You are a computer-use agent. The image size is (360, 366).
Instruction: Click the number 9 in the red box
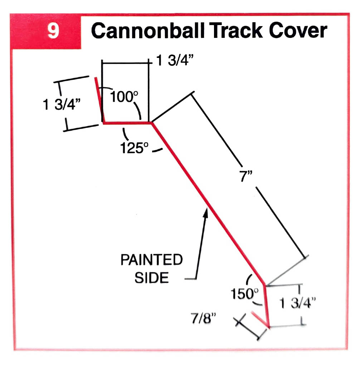tap(53, 32)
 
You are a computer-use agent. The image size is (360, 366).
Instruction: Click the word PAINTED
tap(151, 260)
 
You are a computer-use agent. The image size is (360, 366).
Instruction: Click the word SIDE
tap(151, 278)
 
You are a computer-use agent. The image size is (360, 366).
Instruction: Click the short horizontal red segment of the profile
tap(127, 123)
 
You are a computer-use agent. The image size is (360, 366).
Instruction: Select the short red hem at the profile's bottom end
tap(261, 319)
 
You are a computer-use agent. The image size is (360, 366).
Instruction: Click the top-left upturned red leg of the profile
tap(99, 100)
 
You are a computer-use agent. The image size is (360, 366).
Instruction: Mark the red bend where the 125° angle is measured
tap(152, 123)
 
